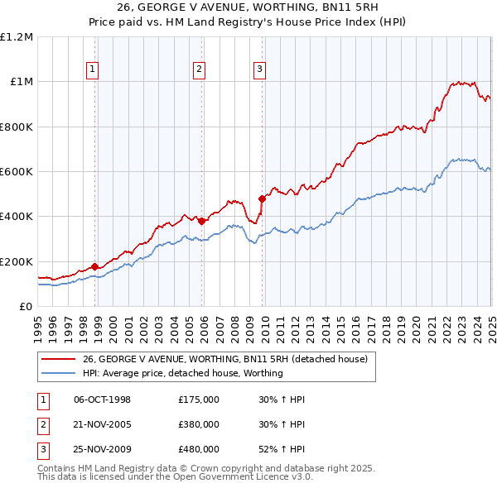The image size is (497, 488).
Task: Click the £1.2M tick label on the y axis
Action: [17, 37]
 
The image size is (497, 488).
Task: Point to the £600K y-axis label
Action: [17, 172]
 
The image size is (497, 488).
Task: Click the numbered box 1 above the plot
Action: [92, 69]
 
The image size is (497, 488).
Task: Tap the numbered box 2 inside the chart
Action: [200, 69]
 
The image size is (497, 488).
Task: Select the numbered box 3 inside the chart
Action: [260, 69]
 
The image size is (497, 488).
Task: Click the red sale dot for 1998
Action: [94, 266]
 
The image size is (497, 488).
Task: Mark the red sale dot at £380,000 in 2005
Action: [202, 221]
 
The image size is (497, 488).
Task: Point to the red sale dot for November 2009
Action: [263, 199]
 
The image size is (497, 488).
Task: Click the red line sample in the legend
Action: [59, 359]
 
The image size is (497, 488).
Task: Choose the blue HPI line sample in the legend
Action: [59, 373]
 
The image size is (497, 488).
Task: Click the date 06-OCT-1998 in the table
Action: [103, 399]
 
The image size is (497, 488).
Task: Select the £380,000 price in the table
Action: [199, 424]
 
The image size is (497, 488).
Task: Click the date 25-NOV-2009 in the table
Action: [103, 449]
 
